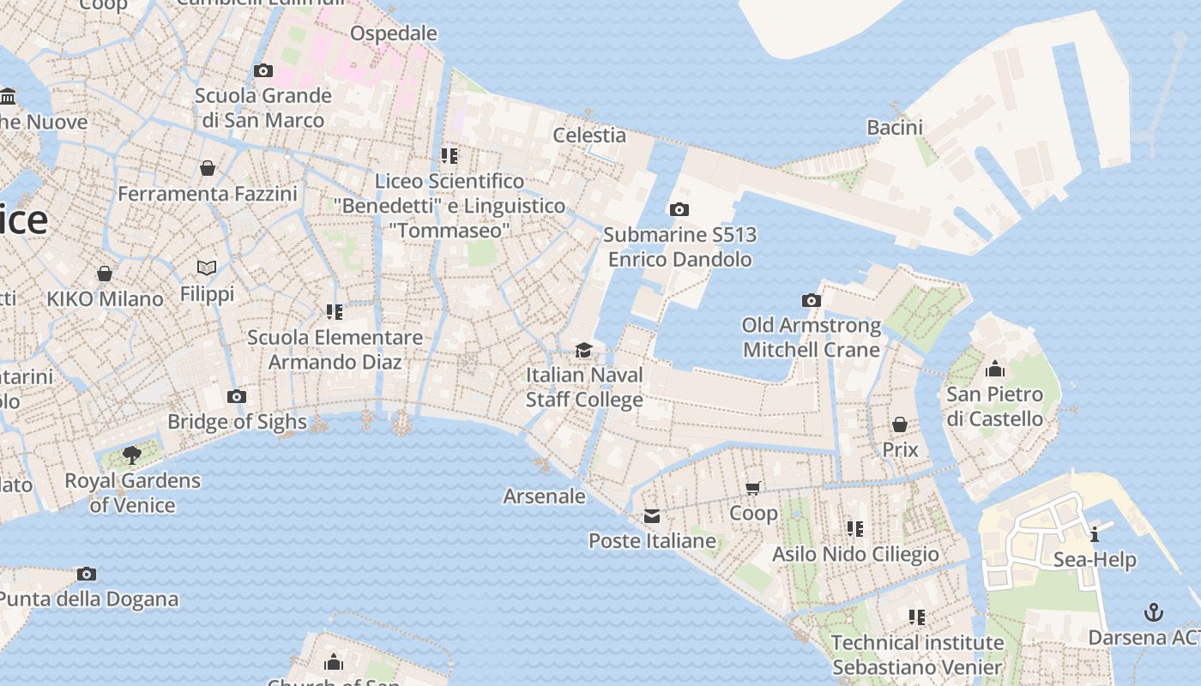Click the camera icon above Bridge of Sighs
(237, 396)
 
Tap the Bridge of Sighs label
(237, 421)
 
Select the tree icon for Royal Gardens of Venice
(131, 454)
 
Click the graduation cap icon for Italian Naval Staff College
(583, 350)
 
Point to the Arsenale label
(544, 496)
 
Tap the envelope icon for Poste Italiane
(652, 515)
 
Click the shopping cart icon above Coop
(753, 488)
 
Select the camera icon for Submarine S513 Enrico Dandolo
(679, 209)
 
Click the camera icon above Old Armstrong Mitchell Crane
(811, 300)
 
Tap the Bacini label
(894, 128)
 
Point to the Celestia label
(588, 135)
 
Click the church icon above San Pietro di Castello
(995, 369)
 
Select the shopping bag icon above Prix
(900, 424)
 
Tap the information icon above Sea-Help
(1095, 534)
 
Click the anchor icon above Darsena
(1154, 612)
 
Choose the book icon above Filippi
(207, 268)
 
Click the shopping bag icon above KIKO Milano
(105, 274)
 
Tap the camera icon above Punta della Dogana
(87, 574)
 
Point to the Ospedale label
(394, 33)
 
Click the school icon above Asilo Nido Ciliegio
(854, 528)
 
